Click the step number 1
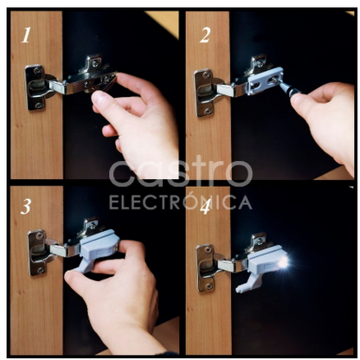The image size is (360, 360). (x=26, y=35)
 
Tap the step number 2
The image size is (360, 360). (x=205, y=35)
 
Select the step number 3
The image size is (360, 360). (x=26, y=207)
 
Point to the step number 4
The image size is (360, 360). (x=206, y=207)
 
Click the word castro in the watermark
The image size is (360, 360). (x=181, y=172)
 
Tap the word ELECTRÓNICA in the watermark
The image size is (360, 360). (x=181, y=202)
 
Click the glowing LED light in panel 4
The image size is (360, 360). (x=283, y=262)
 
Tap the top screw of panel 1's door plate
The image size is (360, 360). (x=36, y=71)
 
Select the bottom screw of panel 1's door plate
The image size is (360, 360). (x=39, y=106)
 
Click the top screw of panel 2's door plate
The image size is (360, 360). (x=205, y=75)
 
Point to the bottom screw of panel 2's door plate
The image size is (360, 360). (x=208, y=111)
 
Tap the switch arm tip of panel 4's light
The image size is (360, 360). (x=239, y=290)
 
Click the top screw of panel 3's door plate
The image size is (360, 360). (x=39, y=236)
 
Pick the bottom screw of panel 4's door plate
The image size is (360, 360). (x=209, y=286)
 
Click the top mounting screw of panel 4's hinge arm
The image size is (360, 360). (x=260, y=240)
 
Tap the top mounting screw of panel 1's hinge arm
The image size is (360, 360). (x=96, y=61)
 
